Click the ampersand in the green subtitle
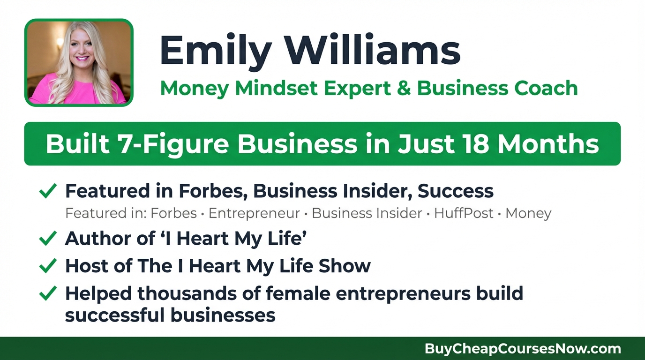point(405,89)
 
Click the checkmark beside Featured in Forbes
point(48,191)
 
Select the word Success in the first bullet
point(455,191)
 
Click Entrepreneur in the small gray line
point(254,213)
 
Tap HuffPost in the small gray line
point(464,213)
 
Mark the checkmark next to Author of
point(48,239)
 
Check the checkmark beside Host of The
point(48,266)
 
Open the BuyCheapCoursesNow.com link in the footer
point(523,349)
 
